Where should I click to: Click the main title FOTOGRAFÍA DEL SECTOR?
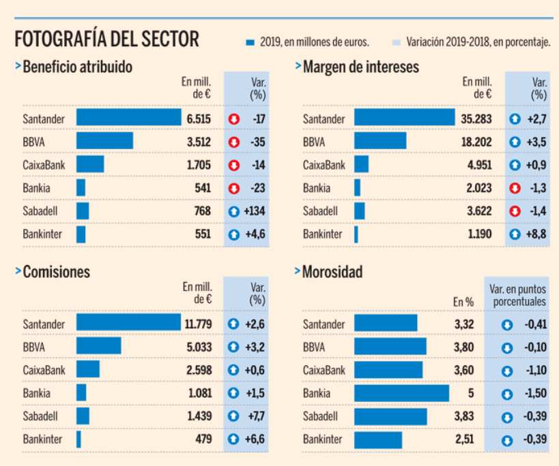tap(107, 39)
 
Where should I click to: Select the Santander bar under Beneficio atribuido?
tap(128, 118)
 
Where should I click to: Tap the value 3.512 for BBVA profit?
tap(199, 142)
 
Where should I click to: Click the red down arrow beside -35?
tap(234, 142)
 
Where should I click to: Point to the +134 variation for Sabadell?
tap(255, 211)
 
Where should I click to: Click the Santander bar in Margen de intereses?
tap(404, 119)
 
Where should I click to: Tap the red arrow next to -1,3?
tap(515, 189)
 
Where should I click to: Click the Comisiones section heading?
tap(56, 272)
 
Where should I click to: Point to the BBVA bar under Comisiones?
tap(98, 346)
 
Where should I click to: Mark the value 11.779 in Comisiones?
tap(198, 323)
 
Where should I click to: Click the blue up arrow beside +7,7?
tap(234, 415)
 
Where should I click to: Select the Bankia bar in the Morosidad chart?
tap(401, 393)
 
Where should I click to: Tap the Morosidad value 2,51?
tap(464, 439)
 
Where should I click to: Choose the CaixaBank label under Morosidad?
tap(324, 370)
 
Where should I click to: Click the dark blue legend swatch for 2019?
tap(250, 42)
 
